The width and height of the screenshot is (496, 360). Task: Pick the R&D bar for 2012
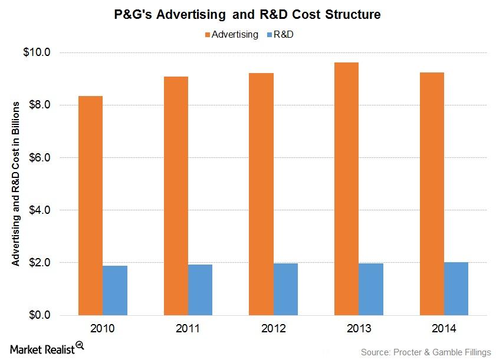point(285,289)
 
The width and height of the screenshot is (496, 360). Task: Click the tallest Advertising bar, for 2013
point(346,189)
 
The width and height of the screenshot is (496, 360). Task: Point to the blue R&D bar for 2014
point(456,288)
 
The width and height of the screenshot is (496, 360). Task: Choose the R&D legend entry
point(283,34)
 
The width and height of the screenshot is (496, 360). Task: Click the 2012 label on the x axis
point(273,328)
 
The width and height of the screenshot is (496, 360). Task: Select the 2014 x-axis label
point(444,328)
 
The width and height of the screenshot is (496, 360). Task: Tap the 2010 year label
point(103,328)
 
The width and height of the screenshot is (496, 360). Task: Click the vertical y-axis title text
point(17,183)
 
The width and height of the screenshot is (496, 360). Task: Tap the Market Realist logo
point(44,348)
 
